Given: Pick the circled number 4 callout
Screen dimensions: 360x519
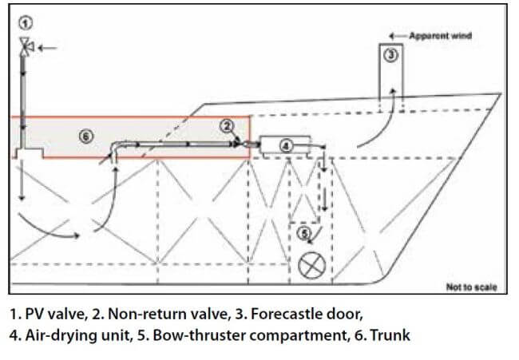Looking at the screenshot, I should coord(286,144).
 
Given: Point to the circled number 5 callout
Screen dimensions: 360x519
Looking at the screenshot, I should coord(305,235).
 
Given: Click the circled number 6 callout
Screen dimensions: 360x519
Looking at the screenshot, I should coord(85,136).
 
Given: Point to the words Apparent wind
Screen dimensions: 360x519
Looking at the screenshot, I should coord(441,36).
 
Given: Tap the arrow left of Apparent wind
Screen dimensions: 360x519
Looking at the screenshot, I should coord(396,36).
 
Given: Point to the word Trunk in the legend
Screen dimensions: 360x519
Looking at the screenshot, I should coord(389,334).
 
